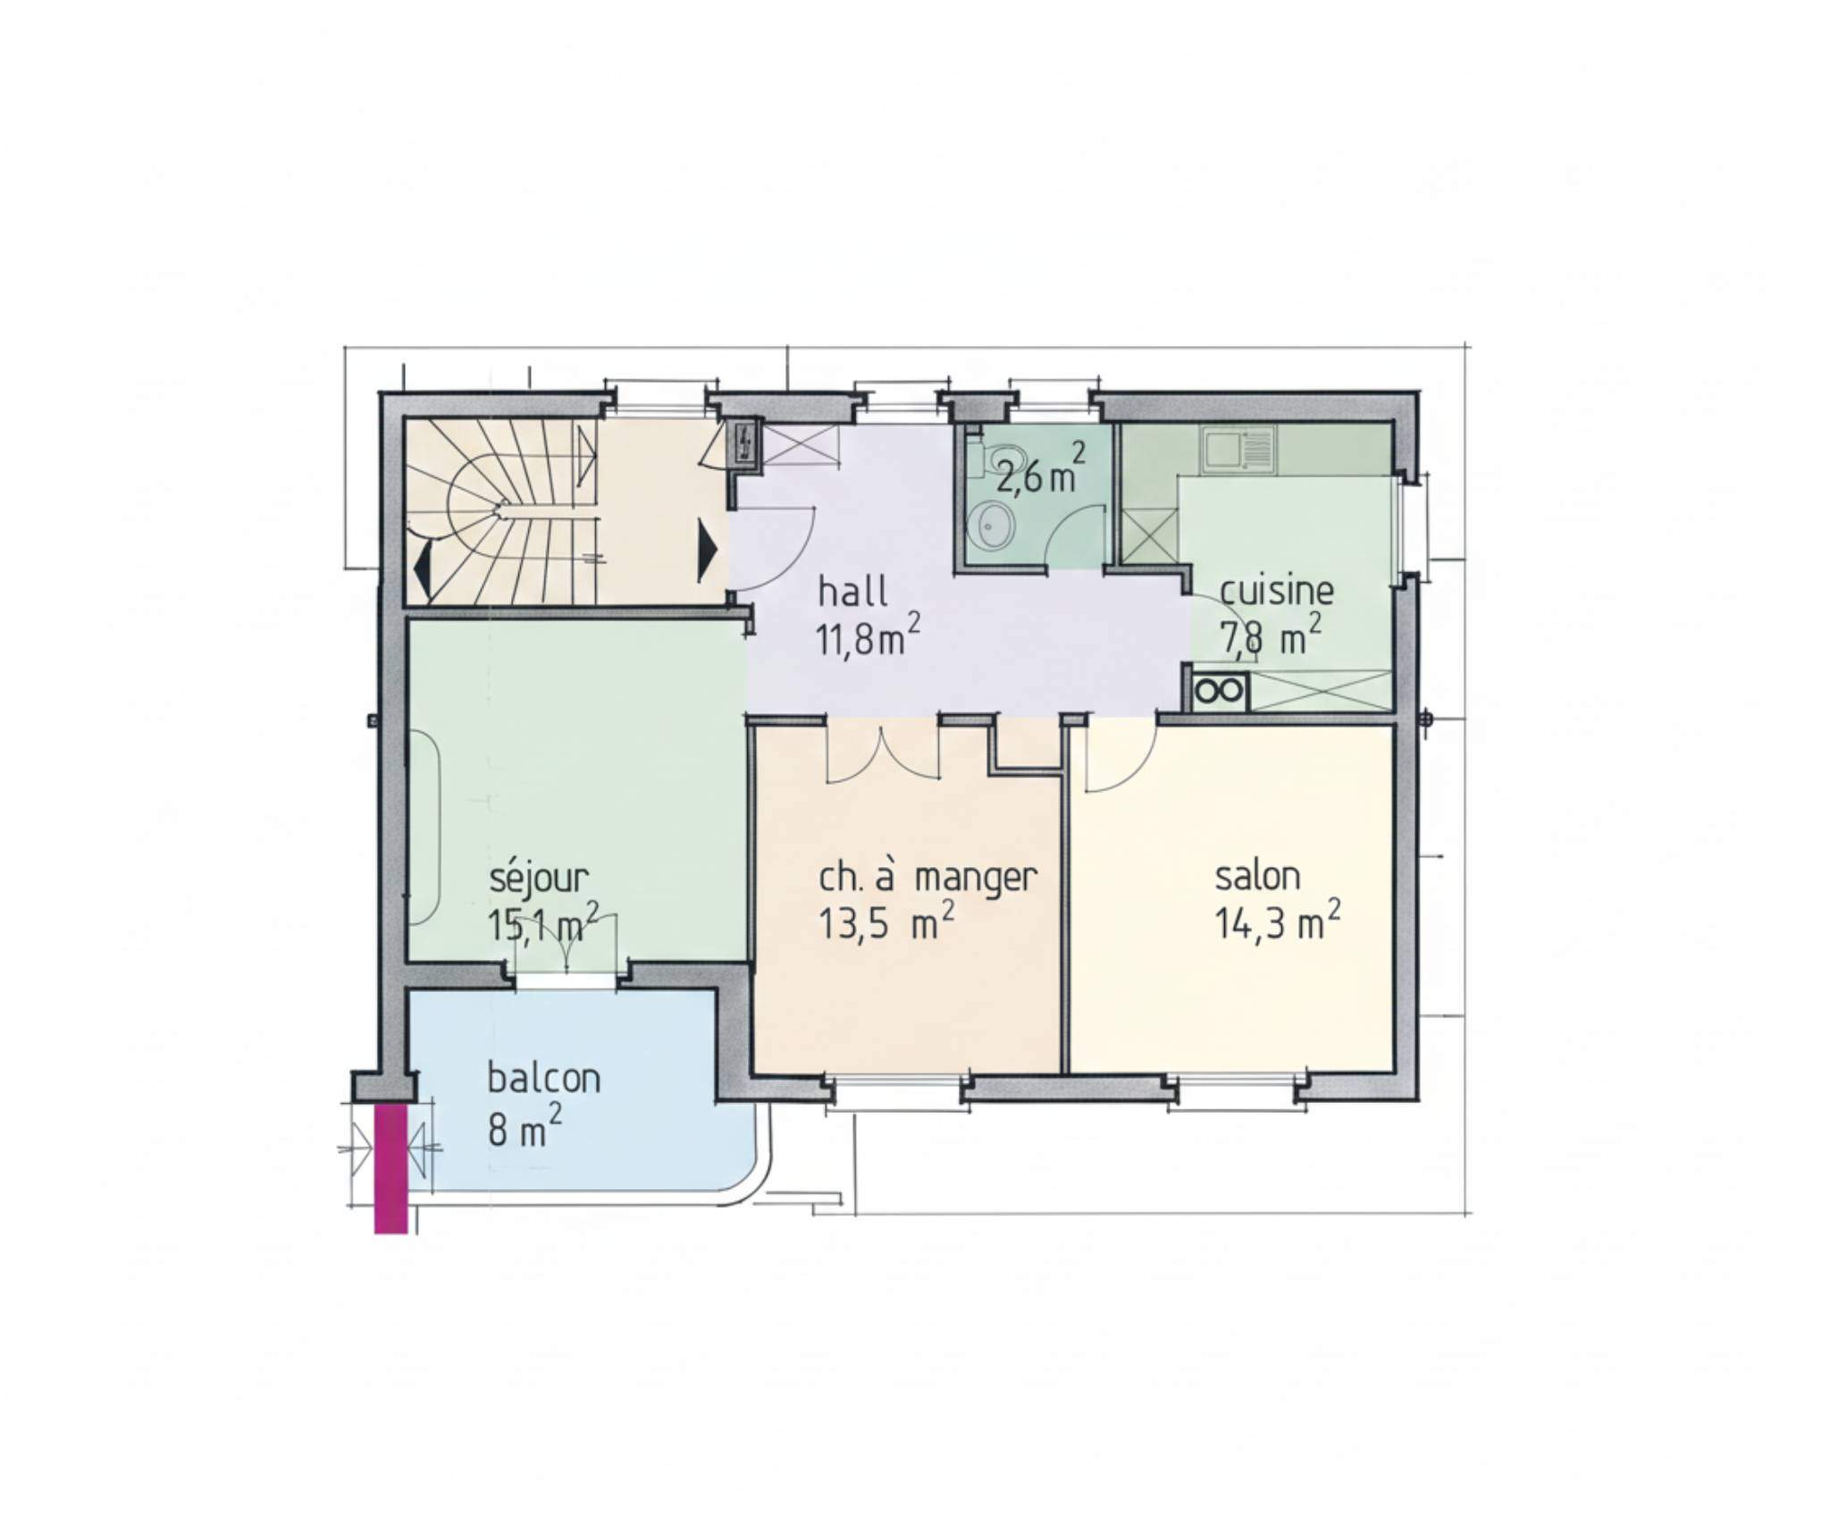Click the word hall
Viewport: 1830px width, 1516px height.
click(x=852, y=592)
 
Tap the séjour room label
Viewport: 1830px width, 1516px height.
click(x=539, y=879)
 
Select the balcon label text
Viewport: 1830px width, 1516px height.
click(x=543, y=1078)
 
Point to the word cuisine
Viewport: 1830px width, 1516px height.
click(x=1276, y=591)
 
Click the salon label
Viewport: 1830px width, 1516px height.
click(x=1257, y=876)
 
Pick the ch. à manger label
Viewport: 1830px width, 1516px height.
click(x=928, y=878)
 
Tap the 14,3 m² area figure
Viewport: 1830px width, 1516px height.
click(x=1277, y=920)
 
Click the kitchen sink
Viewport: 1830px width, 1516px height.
click(x=1238, y=449)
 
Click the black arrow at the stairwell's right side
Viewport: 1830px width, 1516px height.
click(x=708, y=551)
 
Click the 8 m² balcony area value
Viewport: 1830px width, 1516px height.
click(x=525, y=1127)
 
